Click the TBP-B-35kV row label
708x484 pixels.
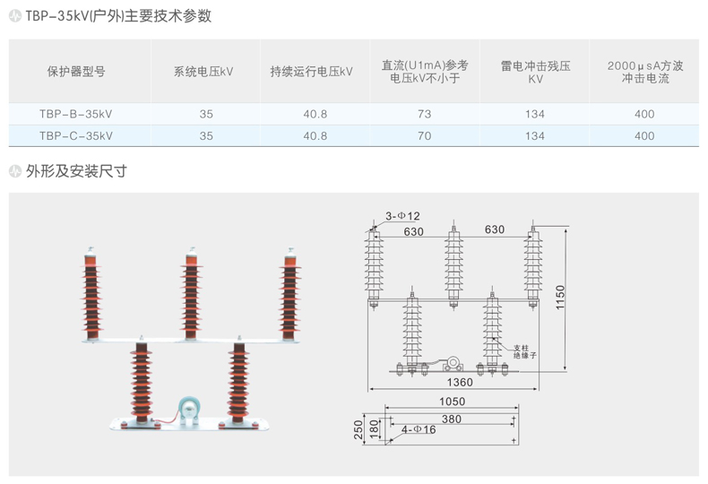click(x=75, y=114)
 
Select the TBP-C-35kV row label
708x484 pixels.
click(x=75, y=136)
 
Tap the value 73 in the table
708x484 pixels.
click(x=425, y=114)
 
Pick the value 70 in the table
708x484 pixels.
click(x=425, y=136)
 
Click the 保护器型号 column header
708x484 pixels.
click(x=76, y=72)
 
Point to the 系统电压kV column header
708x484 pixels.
click(x=203, y=72)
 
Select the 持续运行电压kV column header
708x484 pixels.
click(x=312, y=72)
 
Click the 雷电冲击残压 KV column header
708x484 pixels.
click(x=536, y=73)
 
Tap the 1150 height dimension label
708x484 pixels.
click(x=560, y=298)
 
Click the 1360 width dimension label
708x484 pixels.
click(x=460, y=383)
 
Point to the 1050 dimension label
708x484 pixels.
click(x=452, y=402)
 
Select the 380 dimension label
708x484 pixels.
click(x=452, y=419)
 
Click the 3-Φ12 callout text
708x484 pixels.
click(x=402, y=216)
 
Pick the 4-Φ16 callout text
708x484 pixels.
click(x=419, y=429)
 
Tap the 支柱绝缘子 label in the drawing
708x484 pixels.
click(x=524, y=351)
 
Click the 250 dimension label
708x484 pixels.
click(x=358, y=430)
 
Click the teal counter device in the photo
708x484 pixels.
click(x=189, y=410)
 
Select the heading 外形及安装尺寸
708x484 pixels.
click(x=76, y=171)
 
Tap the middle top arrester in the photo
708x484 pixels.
click(x=192, y=294)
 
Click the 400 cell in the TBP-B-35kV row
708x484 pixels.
click(x=644, y=114)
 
